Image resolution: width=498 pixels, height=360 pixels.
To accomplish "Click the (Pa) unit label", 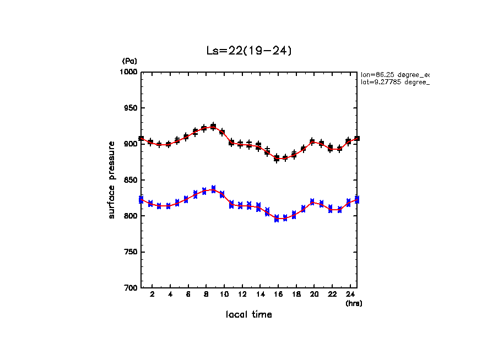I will pos(129,61).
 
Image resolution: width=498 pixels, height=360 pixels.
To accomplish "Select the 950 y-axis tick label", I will pos(130,108).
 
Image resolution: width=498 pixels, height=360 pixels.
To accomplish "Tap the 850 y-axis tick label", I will pos(130,180).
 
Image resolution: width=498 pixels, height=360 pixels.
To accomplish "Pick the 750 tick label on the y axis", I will pos(130,252).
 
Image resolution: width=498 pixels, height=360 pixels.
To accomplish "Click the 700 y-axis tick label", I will pos(130,288).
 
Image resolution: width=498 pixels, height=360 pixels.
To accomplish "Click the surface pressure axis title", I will pos(112,180).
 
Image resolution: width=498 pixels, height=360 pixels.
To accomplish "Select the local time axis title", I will pos(248,314).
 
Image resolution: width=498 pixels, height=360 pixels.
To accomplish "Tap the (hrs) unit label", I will pos(354,303).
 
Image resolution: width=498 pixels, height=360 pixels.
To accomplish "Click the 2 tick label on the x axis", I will pos(152,294).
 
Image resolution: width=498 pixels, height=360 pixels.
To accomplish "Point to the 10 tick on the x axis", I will pos(224,294).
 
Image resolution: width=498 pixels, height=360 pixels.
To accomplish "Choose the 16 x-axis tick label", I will pos(278,294).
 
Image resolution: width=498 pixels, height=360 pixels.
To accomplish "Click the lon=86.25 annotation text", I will pos(394,74).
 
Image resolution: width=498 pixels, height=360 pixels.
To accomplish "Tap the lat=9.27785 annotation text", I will pos(394,82).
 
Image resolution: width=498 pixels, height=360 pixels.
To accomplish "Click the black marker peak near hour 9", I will pos(213,127).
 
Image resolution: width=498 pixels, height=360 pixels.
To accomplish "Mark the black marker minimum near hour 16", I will pos(277,159).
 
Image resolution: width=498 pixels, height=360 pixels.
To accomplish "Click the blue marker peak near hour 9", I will pos(213,189).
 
